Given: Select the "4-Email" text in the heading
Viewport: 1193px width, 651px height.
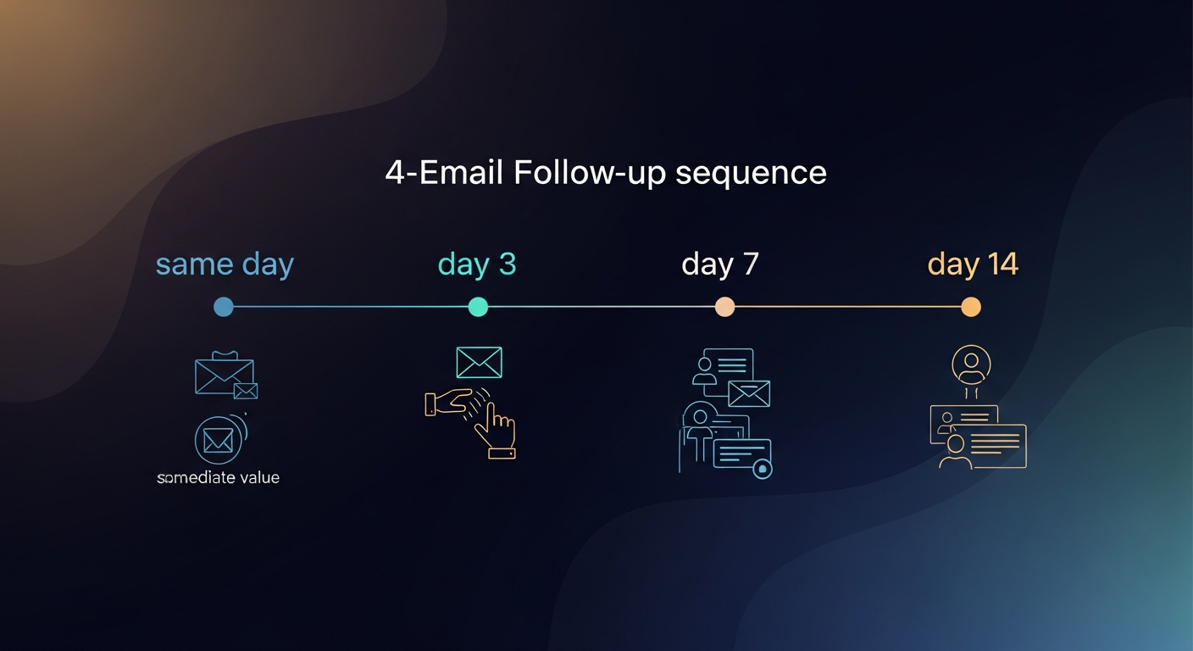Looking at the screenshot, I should pos(444,173).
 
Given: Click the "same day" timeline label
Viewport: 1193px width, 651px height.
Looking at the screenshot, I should pos(225,264).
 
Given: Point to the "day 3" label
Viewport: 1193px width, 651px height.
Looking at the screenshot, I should pos(477,264).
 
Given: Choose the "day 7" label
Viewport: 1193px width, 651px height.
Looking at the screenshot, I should pos(720,264).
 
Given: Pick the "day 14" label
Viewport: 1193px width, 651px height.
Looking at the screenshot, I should pos(973,264).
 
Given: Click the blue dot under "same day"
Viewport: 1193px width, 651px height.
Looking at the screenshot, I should pos(224,307).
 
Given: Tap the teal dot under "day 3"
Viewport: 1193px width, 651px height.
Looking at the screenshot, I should pos(478,307).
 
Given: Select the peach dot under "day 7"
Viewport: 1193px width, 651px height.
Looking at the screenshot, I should pos(724,307).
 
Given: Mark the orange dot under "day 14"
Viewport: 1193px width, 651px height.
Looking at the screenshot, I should pos(971,307).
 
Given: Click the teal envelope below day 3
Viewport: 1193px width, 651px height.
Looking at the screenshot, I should pos(479,362).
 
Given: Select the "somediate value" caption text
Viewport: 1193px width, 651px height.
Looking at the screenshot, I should pos(219,478).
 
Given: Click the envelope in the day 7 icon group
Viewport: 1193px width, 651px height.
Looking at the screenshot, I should pos(749,393).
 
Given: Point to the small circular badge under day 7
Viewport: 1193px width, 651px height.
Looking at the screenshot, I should pos(762,468).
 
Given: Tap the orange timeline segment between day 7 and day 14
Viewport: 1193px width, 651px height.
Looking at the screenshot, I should pos(847,307).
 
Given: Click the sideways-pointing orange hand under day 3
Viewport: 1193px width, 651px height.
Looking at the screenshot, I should pos(449,402).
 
